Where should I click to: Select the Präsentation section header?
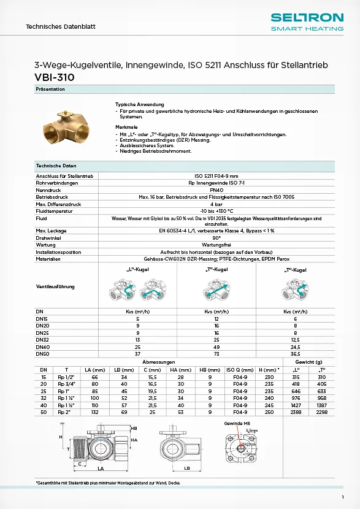50,90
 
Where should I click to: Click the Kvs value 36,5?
295,353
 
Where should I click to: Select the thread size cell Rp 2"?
63,412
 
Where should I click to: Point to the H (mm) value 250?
268,412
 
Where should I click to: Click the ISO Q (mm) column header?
239,370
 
